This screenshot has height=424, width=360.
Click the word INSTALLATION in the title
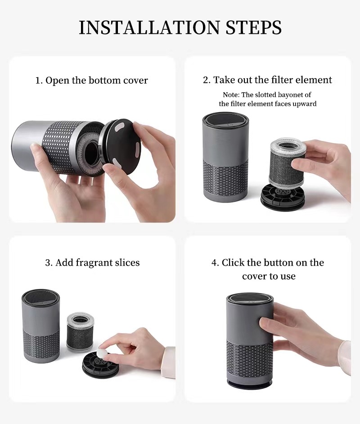tap(150, 27)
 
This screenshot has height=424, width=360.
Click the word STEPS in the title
tap(253, 27)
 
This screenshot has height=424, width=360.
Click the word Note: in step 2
tap(231, 95)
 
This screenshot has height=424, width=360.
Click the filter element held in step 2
tap(287, 163)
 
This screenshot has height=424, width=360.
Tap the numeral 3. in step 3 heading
tap(49, 263)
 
